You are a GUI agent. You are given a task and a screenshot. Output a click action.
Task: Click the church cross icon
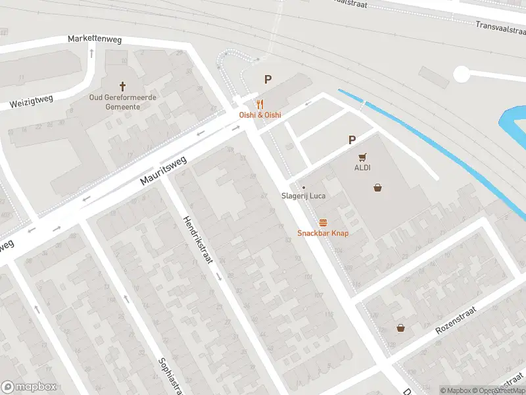pyautogui.click(x=122, y=86)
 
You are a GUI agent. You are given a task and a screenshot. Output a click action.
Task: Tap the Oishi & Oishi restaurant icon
pyautogui.click(x=260, y=104)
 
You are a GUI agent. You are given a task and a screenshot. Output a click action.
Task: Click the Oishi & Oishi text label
pyautogui.click(x=260, y=115)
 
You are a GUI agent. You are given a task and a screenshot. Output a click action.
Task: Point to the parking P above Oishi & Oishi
pyautogui.click(x=268, y=80)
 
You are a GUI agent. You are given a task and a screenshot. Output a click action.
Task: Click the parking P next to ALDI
pyautogui.click(x=352, y=140)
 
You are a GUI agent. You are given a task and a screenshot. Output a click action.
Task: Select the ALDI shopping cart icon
pyautogui.click(x=362, y=157)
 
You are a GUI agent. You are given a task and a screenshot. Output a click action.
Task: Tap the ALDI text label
pyautogui.click(x=363, y=168)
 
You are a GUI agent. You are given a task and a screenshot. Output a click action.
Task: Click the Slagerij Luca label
pyautogui.click(x=304, y=196)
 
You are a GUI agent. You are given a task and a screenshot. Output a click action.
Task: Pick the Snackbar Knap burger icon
pyautogui.click(x=323, y=223)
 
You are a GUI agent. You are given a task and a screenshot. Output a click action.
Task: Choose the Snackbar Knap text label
pyautogui.click(x=323, y=233)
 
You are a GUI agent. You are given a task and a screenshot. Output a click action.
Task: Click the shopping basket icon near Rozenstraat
pyautogui.click(x=400, y=328)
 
